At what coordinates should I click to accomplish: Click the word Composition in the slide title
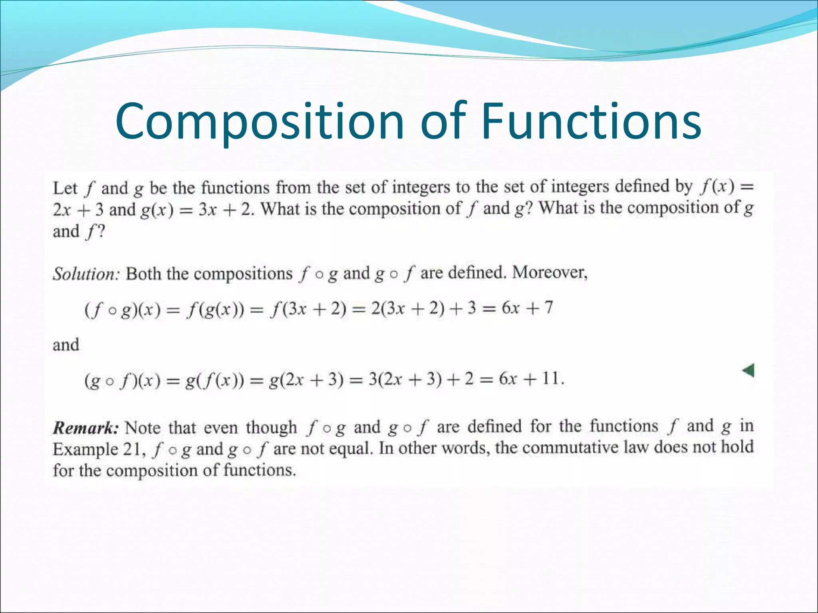point(260,122)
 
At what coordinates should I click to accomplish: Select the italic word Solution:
point(86,274)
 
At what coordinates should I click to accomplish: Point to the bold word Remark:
point(86,428)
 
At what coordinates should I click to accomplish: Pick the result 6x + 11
point(531,379)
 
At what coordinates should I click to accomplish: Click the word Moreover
point(550,273)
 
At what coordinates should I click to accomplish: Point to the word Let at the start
point(65,188)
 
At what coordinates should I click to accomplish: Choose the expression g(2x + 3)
point(306,380)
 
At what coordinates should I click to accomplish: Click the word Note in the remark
point(143,428)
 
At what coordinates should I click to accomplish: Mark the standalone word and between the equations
point(66,345)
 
